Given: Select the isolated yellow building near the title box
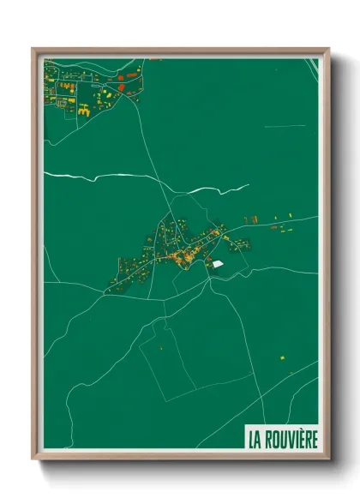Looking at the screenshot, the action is tap(279, 357).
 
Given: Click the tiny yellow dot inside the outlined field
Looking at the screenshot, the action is tap(159, 348).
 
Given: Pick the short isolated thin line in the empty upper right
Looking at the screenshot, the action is tap(285, 127).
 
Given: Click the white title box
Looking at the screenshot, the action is tap(282, 437).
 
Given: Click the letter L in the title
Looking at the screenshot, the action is tap(250, 439).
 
